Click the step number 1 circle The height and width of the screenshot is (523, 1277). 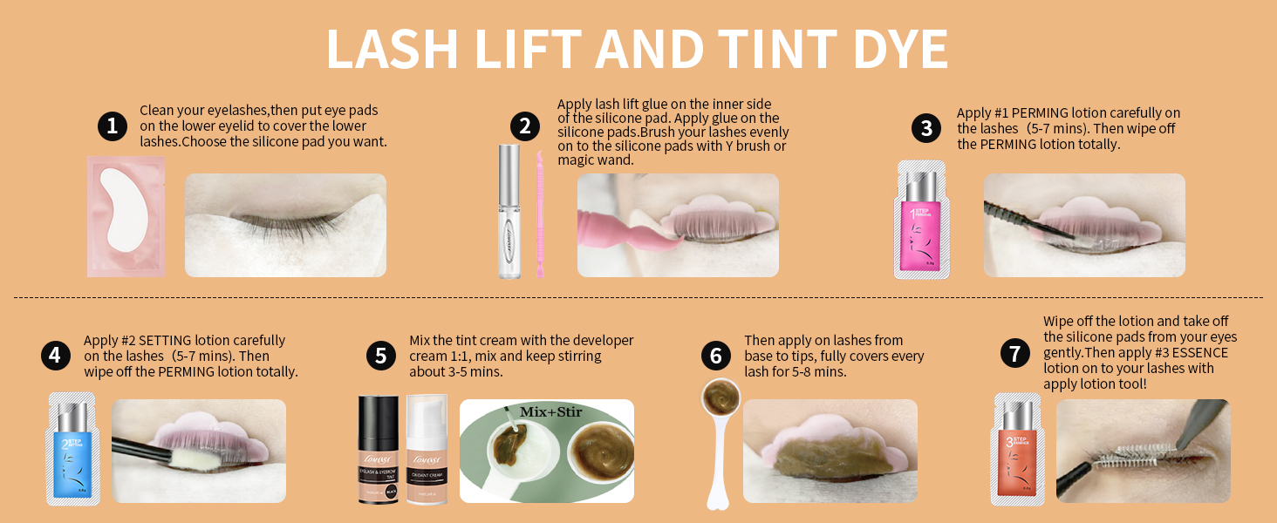tap(112, 126)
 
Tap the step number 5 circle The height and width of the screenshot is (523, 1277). tap(381, 356)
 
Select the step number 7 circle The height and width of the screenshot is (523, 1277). tap(1014, 354)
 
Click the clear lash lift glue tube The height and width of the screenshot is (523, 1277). tap(509, 212)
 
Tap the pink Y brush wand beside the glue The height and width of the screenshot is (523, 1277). tap(539, 214)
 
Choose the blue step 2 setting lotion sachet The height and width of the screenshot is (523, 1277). tap(72, 448)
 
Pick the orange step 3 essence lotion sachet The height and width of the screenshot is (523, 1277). tap(1018, 448)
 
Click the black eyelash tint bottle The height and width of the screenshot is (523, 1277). tap(378, 448)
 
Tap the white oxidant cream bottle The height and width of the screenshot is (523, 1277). tap(427, 448)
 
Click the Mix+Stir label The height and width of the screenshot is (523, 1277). tap(550, 411)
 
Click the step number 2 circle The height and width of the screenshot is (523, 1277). tap(524, 126)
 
